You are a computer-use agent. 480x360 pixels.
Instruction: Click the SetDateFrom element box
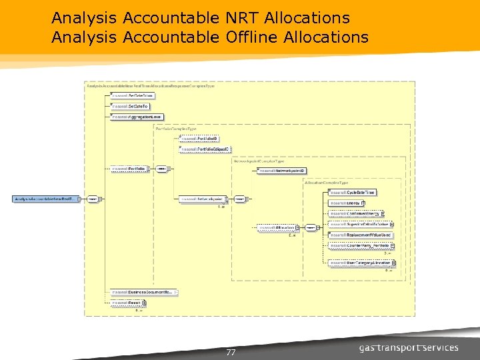click(131, 96)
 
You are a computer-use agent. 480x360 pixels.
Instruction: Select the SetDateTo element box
click(130, 106)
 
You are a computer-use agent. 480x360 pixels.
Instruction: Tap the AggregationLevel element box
click(137, 117)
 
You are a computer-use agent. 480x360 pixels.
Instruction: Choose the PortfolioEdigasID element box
click(205, 149)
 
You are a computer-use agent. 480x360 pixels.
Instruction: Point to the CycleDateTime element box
click(353, 192)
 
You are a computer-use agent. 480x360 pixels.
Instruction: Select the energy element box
click(345, 202)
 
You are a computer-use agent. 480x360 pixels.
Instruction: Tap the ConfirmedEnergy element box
click(355, 213)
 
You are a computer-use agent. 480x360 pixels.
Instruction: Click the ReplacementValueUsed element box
click(360, 235)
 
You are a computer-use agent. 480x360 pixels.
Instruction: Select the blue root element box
click(47, 199)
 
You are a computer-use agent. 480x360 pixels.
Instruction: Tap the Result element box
click(125, 303)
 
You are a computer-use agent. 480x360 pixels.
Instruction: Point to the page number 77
click(231, 353)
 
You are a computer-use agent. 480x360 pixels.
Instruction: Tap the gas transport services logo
click(409, 348)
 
